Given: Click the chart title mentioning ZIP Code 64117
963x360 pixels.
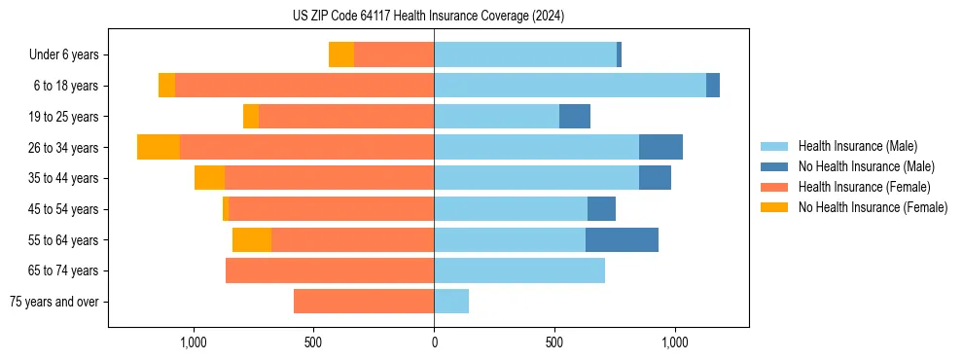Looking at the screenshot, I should pos(428,16).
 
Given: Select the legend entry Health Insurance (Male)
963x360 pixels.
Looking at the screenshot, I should pos(857,146).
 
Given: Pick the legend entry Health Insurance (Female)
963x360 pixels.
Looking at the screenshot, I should pos(864,187).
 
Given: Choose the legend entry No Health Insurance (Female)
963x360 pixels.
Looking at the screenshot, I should pos(873,207).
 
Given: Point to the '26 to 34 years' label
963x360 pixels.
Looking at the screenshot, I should pos(65,148).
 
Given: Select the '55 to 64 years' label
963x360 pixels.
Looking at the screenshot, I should pos(65,240).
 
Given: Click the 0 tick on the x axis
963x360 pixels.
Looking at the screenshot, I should pos(434,342).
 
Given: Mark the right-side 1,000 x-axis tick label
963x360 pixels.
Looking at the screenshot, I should pos(675,342).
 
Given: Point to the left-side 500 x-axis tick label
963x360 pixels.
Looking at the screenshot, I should pos(313,342).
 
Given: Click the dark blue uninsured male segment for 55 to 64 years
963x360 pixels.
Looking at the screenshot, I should pos(622,239).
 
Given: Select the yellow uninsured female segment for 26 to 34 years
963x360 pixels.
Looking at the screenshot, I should pos(159,147).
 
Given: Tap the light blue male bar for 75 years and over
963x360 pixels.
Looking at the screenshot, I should pos(451,302).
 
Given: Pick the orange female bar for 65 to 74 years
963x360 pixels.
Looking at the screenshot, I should pos(330,270).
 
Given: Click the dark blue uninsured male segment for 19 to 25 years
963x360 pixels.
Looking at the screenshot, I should pos(575,116).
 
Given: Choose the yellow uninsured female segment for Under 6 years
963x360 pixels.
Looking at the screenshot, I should pos(341,54).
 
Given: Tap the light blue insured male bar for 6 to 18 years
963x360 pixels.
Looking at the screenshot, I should pos(570,86).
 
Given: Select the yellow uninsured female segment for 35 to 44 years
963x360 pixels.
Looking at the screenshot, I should pos(209,178).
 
